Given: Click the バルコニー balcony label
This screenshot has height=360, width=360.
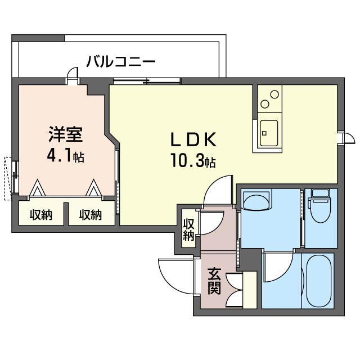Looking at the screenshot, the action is point(121,61).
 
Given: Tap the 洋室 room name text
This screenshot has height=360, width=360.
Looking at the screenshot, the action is point(66,134).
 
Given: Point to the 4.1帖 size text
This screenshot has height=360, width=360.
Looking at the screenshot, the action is point(66,156).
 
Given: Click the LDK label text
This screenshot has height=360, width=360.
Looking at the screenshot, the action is point(193,139).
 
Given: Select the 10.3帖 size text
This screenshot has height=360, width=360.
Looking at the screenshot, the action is point(192,161).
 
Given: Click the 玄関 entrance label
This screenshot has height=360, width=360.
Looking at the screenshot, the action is point(214,281).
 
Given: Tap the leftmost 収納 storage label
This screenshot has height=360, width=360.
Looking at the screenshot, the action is point(41,215).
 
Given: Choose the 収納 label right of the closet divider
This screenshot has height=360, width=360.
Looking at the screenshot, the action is point(91,215).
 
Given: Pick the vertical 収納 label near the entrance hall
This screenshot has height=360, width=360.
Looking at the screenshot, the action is point(188,229).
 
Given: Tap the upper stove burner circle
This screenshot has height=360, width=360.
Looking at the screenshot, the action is point(274,94).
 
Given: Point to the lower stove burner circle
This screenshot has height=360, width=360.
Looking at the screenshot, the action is point(265,104).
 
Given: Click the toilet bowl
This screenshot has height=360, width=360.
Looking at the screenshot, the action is point(320,211).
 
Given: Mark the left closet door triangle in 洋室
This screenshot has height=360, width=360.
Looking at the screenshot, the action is point(38,188).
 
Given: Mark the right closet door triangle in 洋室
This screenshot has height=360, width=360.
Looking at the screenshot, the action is point(94,188).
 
